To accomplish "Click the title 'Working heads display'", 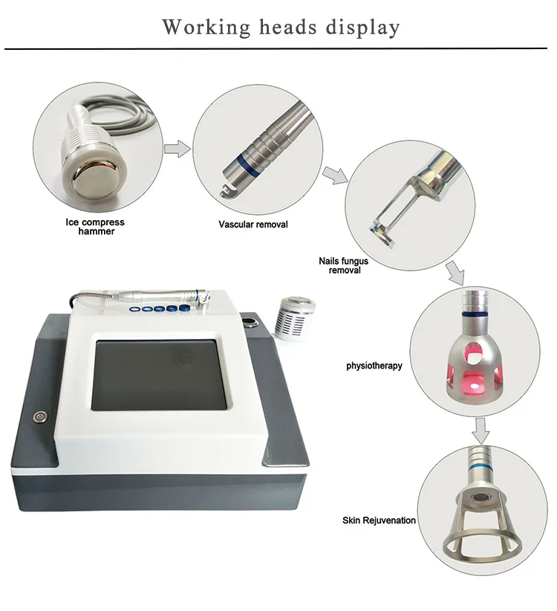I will tap(281, 27).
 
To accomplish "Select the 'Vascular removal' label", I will tap(253, 224).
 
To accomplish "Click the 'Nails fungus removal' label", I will tap(343, 266).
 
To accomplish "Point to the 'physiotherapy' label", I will tap(374, 366).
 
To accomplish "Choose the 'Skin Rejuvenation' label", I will tap(379, 520).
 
